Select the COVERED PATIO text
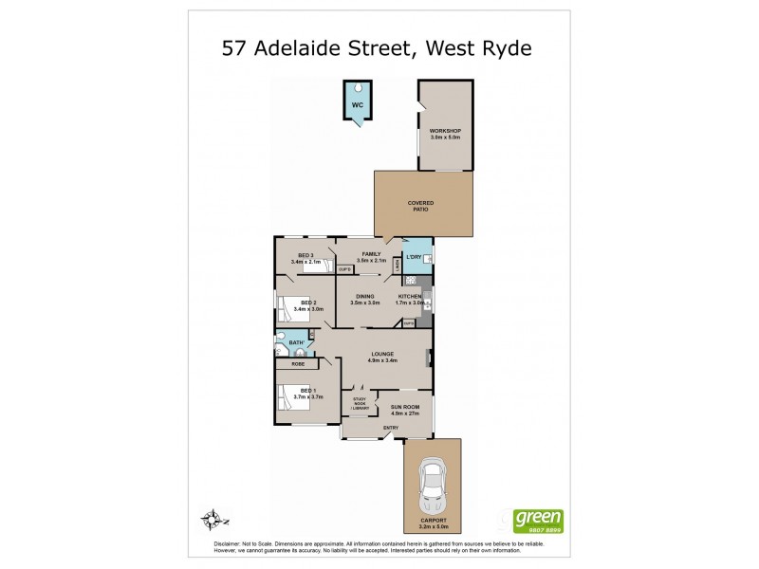pyautogui.click(x=419, y=206)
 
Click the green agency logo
pyautogui.click(x=538, y=520)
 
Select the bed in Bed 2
pyautogui.click(x=290, y=308)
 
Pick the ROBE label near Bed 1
pyautogui.click(x=298, y=364)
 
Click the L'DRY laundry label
pyautogui.click(x=414, y=258)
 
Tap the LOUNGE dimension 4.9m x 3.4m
pyautogui.click(x=383, y=360)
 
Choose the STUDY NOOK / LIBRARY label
pyautogui.click(x=360, y=402)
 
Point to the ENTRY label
pyautogui.click(x=391, y=428)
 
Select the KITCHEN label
pyautogui.click(x=409, y=297)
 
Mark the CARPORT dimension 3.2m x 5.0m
pyautogui.click(x=433, y=524)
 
